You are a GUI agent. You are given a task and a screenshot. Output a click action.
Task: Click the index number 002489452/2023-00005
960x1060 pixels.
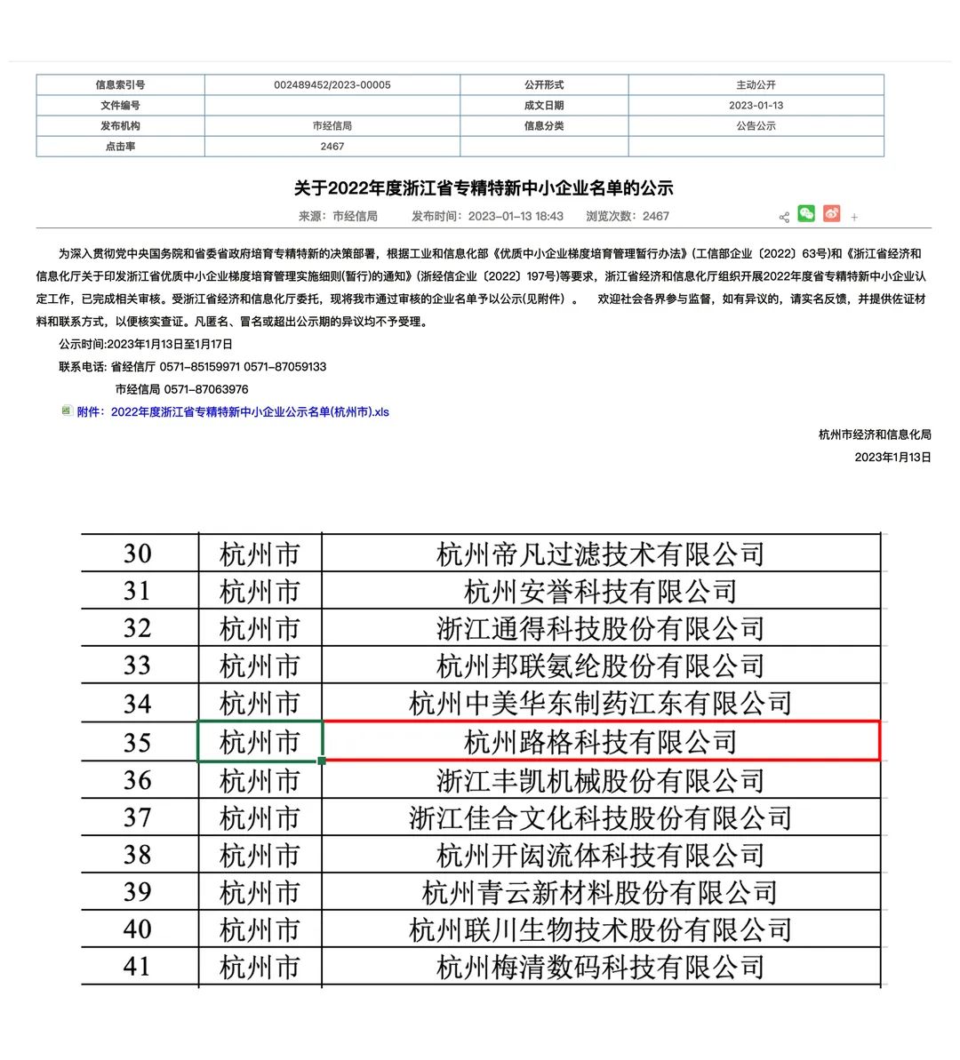pyautogui.click(x=332, y=85)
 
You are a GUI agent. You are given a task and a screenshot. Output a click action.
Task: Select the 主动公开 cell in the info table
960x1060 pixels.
pyautogui.click(x=756, y=85)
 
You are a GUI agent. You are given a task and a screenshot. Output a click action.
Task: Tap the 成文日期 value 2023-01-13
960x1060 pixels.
pyautogui.click(x=756, y=106)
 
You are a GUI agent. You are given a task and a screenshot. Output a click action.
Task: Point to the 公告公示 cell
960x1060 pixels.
pyautogui.click(x=756, y=126)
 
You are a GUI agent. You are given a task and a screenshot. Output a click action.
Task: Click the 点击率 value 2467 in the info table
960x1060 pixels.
pyautogui.click(x=332, y=147)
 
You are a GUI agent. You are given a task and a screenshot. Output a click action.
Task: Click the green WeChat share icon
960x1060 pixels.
pyautogui.click(x=806, y=213)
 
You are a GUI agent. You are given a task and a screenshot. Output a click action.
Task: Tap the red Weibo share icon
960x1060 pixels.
pyautogui.click(x=831, y=213)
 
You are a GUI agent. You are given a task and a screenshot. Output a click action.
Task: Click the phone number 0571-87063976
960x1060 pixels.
pyautogui.click(x=206, y=389)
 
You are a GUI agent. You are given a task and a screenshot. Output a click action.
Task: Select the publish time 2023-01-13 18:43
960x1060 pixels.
pyautogui.click(x=515, y=216)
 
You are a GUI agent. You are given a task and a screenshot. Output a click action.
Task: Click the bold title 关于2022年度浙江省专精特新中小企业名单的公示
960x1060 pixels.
pyautogui.click(x=484, y=187)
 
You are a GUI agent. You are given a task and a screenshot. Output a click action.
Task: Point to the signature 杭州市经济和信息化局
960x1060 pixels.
pyautogui.click(x=875, y=434)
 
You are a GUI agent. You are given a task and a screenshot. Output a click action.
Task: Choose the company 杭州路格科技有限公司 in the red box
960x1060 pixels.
pyautogui.click(x=601, y=741)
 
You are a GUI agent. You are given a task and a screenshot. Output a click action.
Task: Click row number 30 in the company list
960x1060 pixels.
pyautogui.click(x=137, y=554)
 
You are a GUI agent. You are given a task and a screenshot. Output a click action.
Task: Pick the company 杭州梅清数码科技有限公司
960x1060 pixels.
pyautogui.click(x=601, y=967)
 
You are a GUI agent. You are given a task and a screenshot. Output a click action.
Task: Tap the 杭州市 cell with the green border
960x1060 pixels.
pyautogui.click(x=260, y=741)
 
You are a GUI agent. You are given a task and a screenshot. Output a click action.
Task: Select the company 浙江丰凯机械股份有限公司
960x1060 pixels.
pyautogui.click(x=601, y=780)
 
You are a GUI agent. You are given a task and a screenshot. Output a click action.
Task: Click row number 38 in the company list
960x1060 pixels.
pyautogui.click(x=137, y=855)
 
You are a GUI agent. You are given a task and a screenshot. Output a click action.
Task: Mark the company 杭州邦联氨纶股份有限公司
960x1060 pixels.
pyautogui.click(x=601, y=665)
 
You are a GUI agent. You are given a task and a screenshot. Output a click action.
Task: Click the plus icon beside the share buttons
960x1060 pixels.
pyautogui.click(x=854, y=217)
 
